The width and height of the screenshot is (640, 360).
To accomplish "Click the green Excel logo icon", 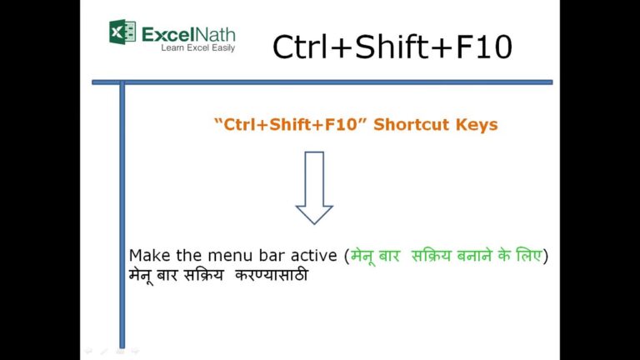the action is click(122, 32).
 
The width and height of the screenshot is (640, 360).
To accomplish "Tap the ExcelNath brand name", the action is click(188, 35).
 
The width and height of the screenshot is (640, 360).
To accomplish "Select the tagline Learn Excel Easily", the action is click(198, 48).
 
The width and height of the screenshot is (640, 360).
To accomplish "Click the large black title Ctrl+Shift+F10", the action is click(392, 47).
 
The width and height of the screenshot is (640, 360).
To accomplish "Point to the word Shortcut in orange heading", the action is click(411, 124).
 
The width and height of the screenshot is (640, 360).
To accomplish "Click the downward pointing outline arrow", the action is click(314, 187).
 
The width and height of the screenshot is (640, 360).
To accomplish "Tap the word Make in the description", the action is click(150, 256).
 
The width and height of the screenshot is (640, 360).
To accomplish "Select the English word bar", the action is click(272, 256).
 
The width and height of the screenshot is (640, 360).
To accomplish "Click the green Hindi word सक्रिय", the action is click(432, 256).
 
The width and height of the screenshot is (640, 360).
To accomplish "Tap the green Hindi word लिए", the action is click(529, 256).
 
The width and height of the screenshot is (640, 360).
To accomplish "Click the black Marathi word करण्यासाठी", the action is click(272, 275).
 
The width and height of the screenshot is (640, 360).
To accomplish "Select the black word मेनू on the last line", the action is click(141, 276).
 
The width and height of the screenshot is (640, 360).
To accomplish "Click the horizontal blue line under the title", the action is click(322, 82).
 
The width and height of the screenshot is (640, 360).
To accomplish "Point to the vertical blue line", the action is click(122, 215).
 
